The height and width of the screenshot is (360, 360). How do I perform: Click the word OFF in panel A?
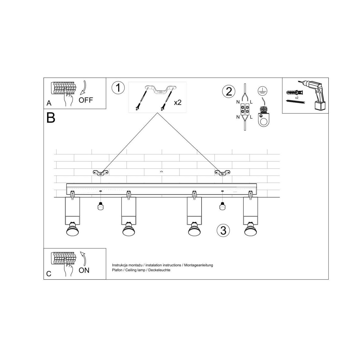click(x=86, y=100)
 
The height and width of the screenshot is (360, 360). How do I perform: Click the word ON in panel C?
click(x=84, y=271)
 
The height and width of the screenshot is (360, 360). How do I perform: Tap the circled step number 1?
click(x=118, y=88)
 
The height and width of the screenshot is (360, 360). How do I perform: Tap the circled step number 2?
click(x=229, y=91)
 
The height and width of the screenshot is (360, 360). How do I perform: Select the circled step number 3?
click(x=223, y=231)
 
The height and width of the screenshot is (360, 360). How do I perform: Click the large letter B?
click(x=51, y=118)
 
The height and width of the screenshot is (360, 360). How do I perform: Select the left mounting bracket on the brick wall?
click(x=101, y=173)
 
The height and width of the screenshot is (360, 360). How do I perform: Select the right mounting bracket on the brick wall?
click(x=222, y=173)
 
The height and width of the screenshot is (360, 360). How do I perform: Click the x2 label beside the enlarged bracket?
click(x=178, y=102)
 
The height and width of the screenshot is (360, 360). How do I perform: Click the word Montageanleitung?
click(x=199, y=265)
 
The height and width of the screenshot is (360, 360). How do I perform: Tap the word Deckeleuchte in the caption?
click(x=159, y=270)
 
